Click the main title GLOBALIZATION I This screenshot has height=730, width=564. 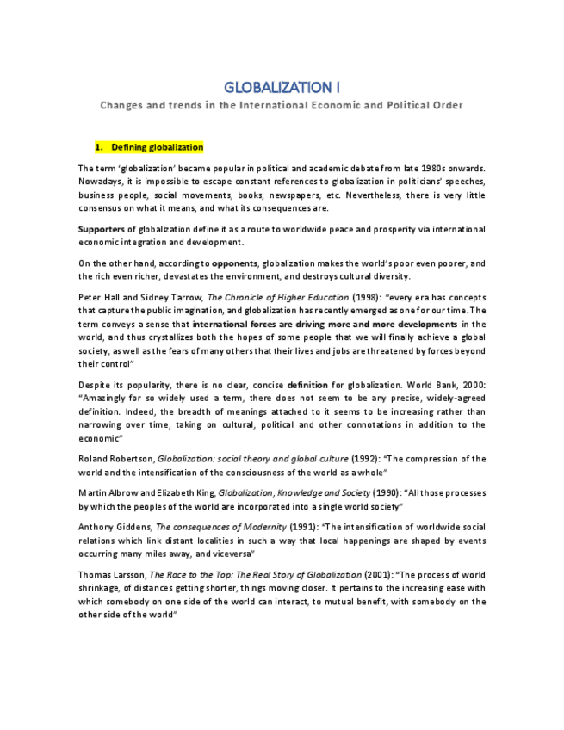tap(282, 87)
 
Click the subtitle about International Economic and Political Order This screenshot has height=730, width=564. tap(282, 106)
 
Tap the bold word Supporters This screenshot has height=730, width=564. tap(102, 229)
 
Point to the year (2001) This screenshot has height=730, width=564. tap(379, 574)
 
